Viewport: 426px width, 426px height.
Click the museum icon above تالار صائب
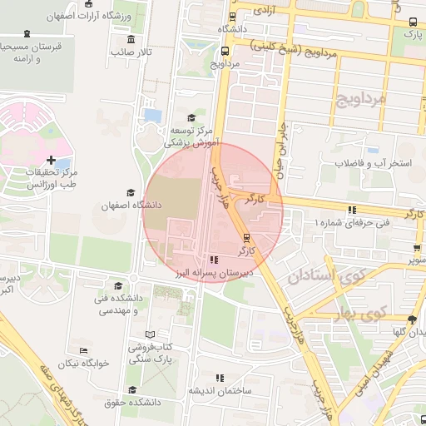[131, 39]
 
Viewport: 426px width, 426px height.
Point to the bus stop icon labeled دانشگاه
[232, 16]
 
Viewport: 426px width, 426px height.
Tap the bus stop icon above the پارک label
[414, 22]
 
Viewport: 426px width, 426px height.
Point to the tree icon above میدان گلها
[413, 319]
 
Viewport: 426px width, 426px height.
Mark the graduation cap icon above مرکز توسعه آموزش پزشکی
[191, 118]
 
